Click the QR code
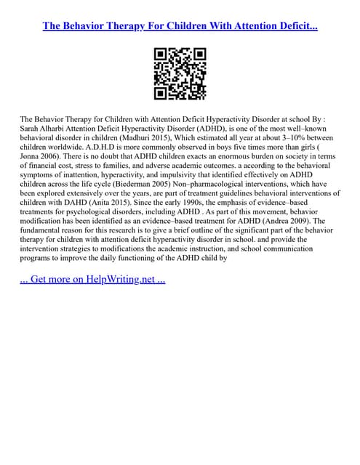(x=180, y=73)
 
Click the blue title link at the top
(x=180, y=25)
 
